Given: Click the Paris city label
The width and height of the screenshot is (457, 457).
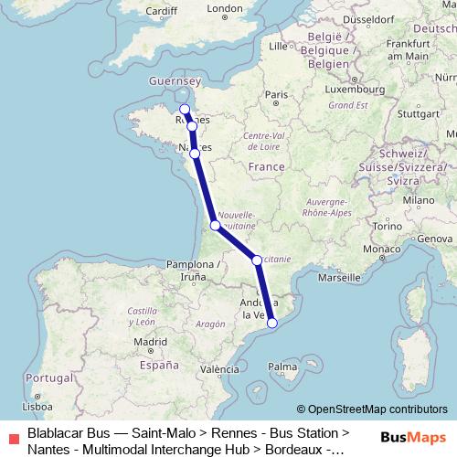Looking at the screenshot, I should pos(276,94).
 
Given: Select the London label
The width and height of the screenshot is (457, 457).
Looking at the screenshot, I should pos(225,9).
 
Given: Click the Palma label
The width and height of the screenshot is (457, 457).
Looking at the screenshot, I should pos(282,367).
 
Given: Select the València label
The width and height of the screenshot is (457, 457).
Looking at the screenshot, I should pos(219,369).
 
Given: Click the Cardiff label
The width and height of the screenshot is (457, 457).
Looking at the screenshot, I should pos(161,11).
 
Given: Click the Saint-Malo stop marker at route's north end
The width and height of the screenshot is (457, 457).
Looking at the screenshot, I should pos(185,110).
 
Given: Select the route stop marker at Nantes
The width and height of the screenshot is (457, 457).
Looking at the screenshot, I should pos(195,154).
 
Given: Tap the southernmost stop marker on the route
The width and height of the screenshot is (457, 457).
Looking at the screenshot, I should pos(271,323).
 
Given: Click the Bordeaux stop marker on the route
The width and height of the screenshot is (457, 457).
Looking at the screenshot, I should pos(215,225).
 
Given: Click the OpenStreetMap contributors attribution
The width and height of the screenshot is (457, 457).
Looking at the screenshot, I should pos(372,409).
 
